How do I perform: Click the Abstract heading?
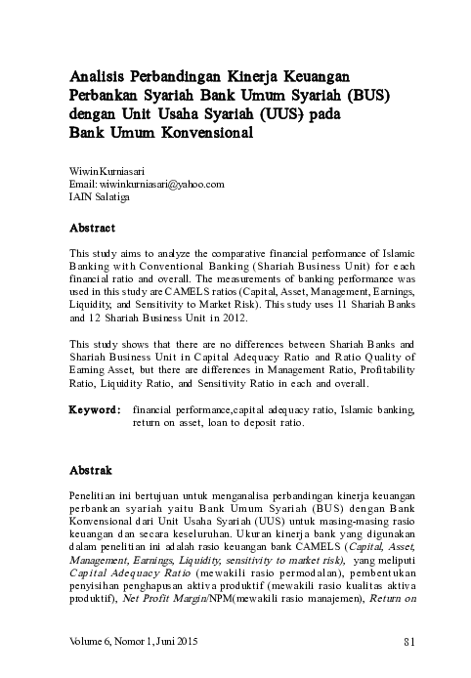pyautogui.click(x=93, y=228)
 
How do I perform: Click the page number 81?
pyautogui.click(x=408, y=642)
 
